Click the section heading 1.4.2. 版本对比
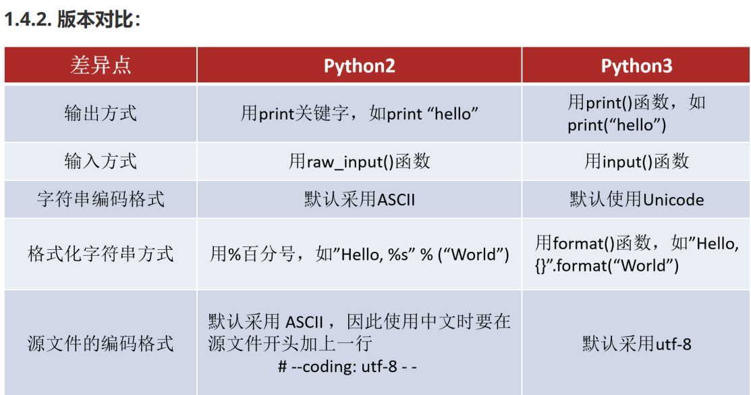tap(73, 20)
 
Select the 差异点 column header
tap(101, 65)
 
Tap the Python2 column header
tap(359, 65)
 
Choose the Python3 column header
tap(636, 65)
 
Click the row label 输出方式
tap(101, 113)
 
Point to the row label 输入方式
tap(101, 161)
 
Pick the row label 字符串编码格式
tap(101, 199)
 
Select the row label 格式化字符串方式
tap(101, 254)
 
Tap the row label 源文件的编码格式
tap(101, 343)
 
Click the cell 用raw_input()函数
tap(359, 161)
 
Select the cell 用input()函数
tap(636, 161)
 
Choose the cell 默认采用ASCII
tap(359, 200)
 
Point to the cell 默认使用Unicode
tap(636, 200)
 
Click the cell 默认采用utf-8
tap(636, 344)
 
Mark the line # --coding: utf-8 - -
tap(347, 367)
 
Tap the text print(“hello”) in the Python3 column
tap(617, 125)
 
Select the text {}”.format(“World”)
tap(607, 265)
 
